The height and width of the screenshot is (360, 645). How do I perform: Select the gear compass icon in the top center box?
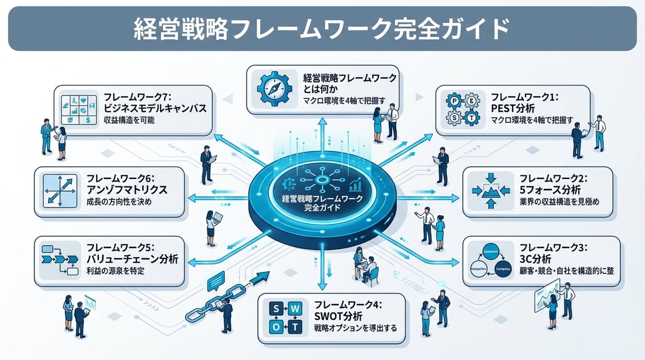click(x=274, y=89)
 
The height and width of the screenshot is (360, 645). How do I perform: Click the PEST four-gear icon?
click(x=463, y=110)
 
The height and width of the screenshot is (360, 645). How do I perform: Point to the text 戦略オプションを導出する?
click(x=355, y=329)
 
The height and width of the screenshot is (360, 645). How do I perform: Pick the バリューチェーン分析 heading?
click(x=132, y=259)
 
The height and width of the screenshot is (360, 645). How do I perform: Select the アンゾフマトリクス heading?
click(x=127, y=189)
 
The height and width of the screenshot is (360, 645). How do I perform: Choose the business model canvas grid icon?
click(x=78, y=110)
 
